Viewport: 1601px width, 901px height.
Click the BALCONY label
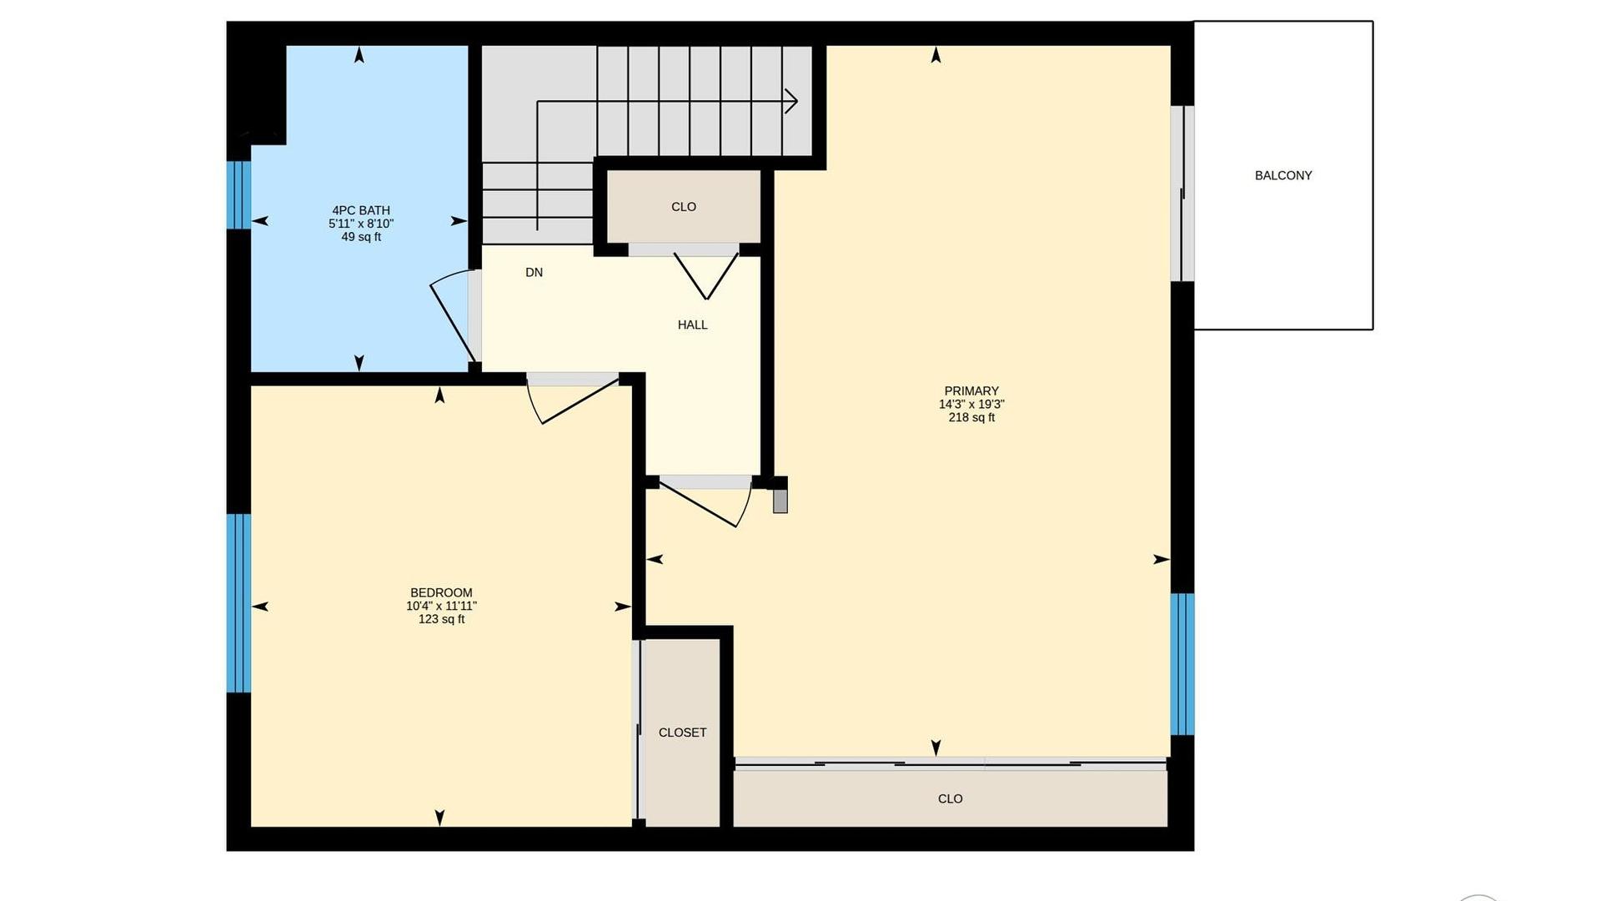[1283, 175]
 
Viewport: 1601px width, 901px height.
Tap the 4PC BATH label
[361, 210]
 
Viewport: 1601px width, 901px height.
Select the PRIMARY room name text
[971, 390]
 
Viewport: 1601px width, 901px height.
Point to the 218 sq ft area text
[971, 417]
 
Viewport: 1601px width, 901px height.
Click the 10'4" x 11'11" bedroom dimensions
[441, 606]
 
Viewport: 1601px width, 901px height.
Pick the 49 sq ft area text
[361, 237]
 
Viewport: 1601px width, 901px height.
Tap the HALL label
[692, 325]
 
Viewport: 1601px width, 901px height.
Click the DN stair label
[534, 272]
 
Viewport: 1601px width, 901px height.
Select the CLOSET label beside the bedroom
[682, 732]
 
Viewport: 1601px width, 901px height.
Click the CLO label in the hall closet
[684, 207]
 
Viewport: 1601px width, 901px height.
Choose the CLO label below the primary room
[951, 798]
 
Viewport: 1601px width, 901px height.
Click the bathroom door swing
[453, 317]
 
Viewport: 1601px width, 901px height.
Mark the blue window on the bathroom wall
[239, 194]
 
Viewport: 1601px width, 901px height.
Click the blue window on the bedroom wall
[239, 603]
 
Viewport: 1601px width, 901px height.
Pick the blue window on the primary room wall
[1182, 664]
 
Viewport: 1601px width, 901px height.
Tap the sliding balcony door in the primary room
[1182, 194]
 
